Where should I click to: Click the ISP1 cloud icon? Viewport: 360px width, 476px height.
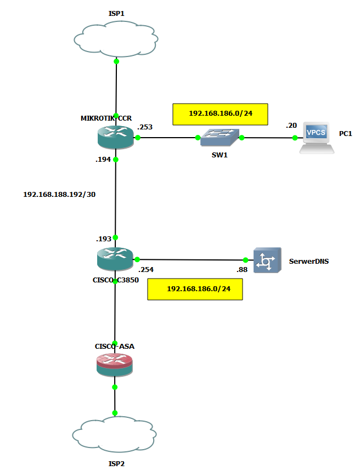click(x=116, y=40)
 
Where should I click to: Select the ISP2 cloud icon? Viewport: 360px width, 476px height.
click(x=115, y=434)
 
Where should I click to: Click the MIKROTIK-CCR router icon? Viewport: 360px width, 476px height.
click(x=116, y=137)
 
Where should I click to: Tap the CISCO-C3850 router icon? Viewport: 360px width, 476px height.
click(x=115, y=259)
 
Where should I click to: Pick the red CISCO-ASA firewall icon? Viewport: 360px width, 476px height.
click(x=115, y=364)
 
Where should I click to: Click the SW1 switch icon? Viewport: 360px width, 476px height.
click(x=219, y=138)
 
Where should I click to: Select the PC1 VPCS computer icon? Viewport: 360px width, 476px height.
click(x=317, y=138)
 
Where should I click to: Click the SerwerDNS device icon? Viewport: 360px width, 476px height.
click(x=267, y=260)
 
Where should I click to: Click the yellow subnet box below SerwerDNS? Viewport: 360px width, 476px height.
click(x=195, y=289)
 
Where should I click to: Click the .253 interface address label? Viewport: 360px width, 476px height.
click(x=145, y=127)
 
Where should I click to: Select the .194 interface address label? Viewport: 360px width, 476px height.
click(x=103, y=160)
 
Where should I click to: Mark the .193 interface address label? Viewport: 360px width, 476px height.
click(x=103, y=239)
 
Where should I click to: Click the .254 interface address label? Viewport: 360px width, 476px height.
click(x=145, y=270)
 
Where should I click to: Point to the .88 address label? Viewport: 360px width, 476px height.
click(x=242, y=270)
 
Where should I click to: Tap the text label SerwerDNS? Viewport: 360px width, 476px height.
click(x=309, y=262)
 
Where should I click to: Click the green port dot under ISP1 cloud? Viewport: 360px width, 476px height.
click(x=116, y=61)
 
